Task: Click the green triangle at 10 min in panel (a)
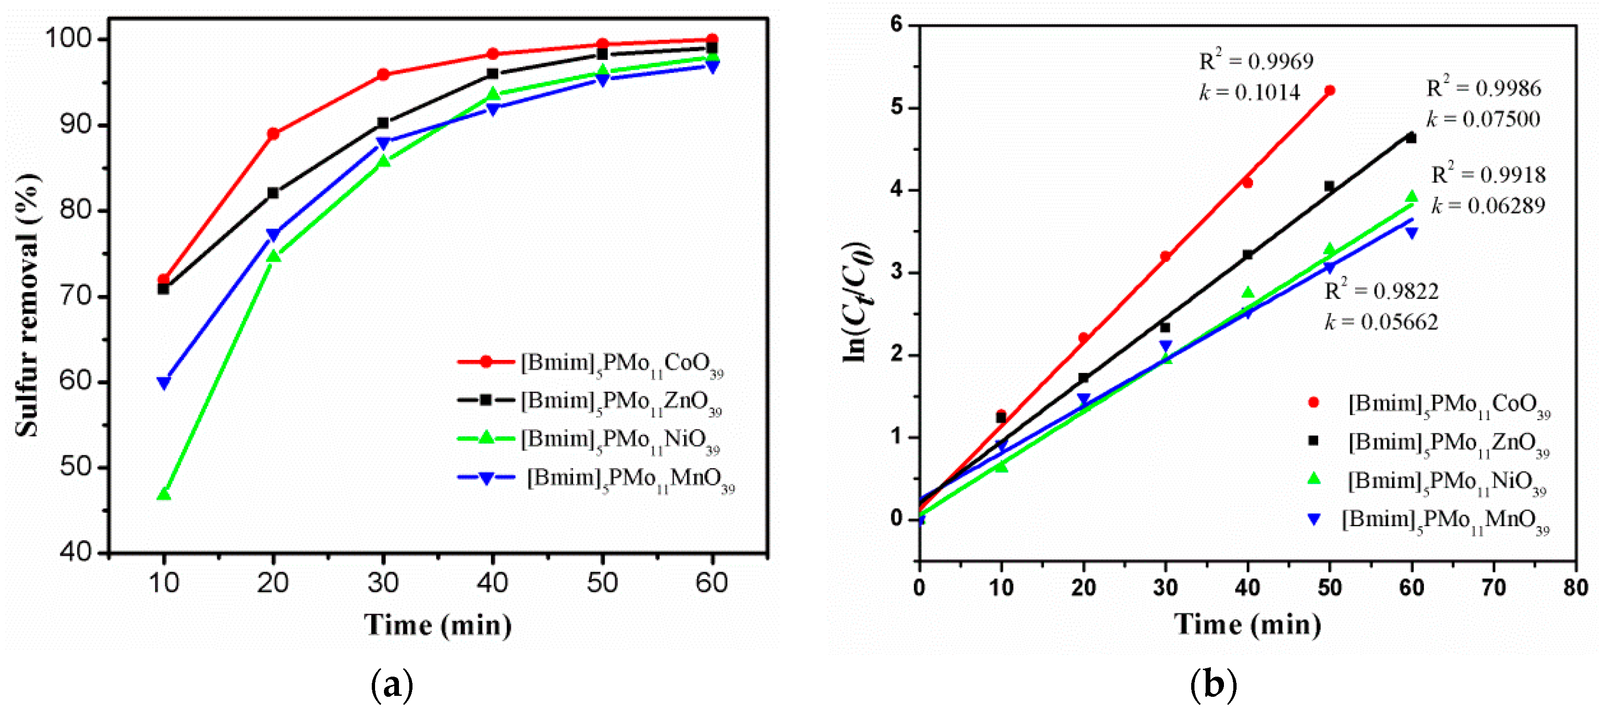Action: tap(164, 494)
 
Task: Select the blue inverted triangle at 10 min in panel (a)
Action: tap(164, 382)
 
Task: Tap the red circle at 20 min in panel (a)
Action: tap(273, 134)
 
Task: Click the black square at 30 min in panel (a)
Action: tap(383, 123)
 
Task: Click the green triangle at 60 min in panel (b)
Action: tap(1412, 197)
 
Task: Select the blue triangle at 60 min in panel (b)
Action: tap(1412, 233)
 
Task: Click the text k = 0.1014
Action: tap(1249, 92)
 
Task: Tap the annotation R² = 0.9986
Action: tap(1483, 88)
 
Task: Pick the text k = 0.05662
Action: tap(1381, 321)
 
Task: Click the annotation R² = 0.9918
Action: tap(1488, 174)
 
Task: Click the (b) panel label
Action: tap(1213, 685)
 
